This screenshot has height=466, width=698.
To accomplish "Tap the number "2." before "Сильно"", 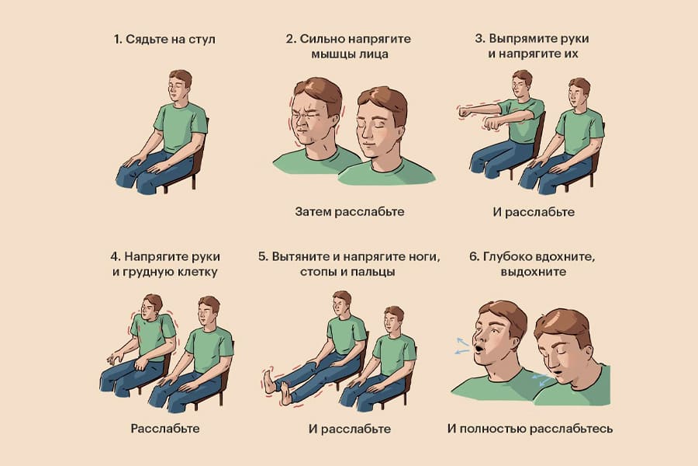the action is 291,39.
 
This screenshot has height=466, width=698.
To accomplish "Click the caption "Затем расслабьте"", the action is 350,211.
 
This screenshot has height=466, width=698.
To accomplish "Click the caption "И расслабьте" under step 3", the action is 534,212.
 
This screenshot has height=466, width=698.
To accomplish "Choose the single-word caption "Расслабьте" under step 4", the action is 165,429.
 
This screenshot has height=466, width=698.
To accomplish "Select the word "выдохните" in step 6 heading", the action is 534,272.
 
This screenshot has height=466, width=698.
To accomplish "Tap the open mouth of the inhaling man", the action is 479,348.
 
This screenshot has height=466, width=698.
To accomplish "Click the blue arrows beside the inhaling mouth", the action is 461,346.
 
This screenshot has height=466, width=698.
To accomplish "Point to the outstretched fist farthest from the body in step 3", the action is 465,112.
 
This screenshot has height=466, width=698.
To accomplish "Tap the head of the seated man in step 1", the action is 179,85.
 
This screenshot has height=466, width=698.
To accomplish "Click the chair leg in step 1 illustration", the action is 194,181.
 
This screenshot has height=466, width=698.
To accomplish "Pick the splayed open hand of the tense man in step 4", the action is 116,357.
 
